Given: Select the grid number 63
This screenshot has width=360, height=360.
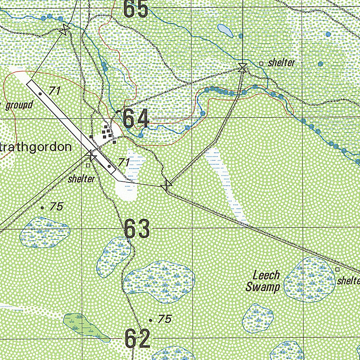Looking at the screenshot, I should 137,229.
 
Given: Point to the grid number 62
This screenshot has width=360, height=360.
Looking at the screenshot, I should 137,339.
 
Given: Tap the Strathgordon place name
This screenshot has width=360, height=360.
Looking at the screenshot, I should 36,147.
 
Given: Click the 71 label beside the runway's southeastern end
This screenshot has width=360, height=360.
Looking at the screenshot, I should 123,162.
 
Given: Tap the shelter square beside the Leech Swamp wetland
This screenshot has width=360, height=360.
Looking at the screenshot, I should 337,269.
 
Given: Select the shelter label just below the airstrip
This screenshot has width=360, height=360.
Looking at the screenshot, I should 82,179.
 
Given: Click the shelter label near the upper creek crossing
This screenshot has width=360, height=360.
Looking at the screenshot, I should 281,63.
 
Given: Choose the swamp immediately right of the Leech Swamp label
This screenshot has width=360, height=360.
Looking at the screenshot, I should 309,279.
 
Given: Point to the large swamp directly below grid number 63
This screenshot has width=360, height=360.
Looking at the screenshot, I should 159,277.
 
